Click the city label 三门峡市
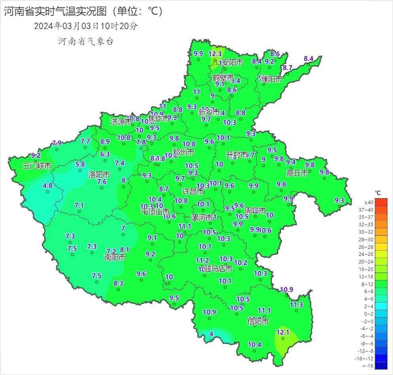tap(37, 166)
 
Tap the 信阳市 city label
tap(258, 321)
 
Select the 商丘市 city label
tap(297, 173)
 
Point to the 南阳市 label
tap(115, 257)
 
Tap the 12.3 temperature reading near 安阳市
tap(215, 54)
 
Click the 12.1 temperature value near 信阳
tap(283, 332)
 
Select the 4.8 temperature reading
tap(47, 185)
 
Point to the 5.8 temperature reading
tap(80, 164)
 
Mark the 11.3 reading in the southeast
tap(296, 305)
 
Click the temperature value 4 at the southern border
tap(211, 334)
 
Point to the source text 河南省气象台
tap(86, 41)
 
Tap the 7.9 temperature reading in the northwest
tap(57, 143)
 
